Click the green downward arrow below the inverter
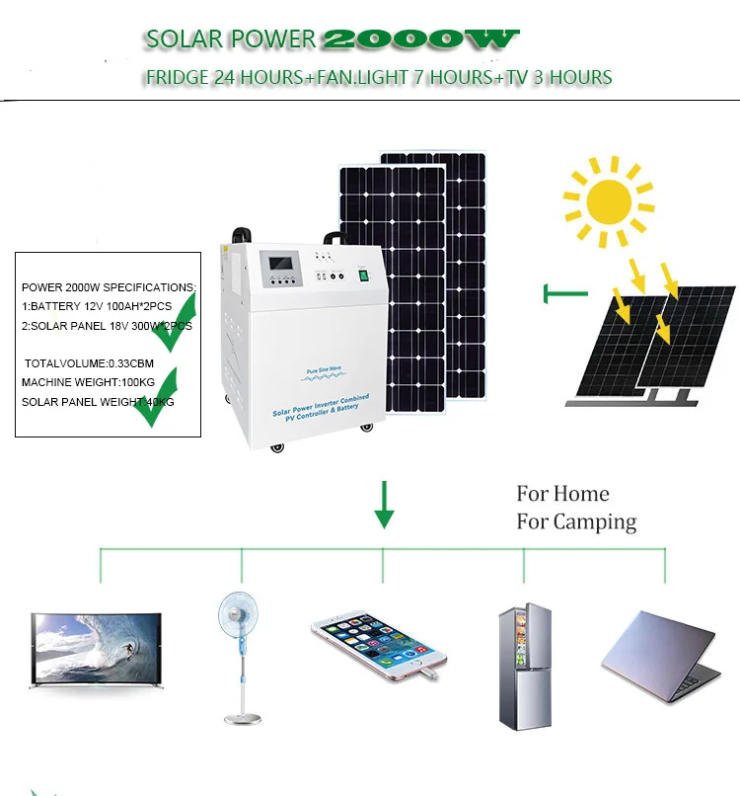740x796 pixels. [x=384, y=505]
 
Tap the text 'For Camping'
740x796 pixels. [x=576, y=521]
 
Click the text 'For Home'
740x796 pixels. [x=562, y=494]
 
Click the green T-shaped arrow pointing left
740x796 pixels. [x=563, y=293]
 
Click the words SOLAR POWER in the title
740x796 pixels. [x=230, y=39]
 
